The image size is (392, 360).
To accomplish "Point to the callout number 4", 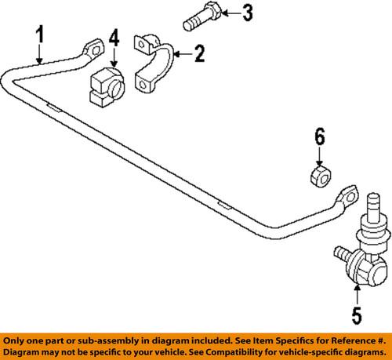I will tap(114, 37).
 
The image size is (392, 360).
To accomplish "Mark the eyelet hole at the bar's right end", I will tap(347, 197).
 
